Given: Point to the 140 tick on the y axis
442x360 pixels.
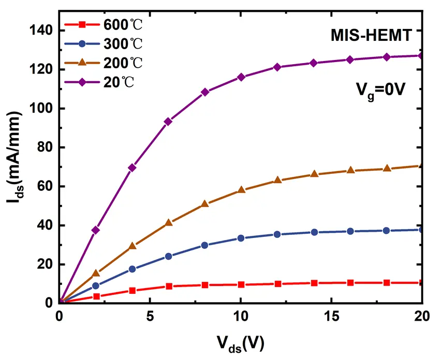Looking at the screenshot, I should click(41, 31).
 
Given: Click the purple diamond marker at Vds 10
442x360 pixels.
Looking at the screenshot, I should click(241, 77).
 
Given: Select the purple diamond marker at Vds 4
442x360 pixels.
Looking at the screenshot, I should click(132, 168).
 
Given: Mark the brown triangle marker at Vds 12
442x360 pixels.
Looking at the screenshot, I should click(277, 180).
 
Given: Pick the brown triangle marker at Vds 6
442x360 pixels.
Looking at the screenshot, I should click(168, 223).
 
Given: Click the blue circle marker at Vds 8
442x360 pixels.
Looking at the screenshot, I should click(204, 245).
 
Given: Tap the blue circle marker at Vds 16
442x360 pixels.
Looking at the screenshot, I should click(350, 231).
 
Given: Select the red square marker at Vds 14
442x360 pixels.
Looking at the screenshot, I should click(314, 283).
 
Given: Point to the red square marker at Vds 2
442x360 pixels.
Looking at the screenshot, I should click(96, 296).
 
